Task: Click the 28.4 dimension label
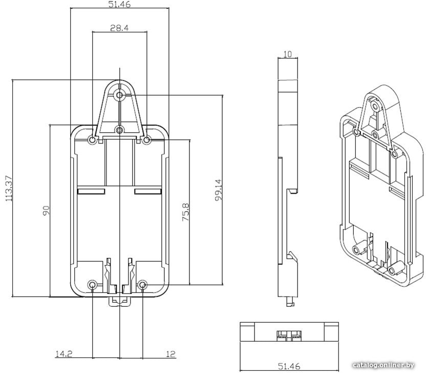tap(119, 28)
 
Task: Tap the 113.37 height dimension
tap(9, 188)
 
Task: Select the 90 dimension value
tap(46, 211)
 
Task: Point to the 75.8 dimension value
tap(185, 212)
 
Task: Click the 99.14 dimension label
tap(218, 190)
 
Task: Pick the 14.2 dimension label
tap(64, 354)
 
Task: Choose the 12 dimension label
tap(171, 354)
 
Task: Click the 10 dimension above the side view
tap(287, 54)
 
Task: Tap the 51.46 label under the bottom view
tap(289, 366)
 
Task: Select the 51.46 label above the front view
tap(119, 4)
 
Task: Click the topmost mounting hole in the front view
tap(119, 95)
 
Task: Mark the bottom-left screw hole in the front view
tap(92, 285)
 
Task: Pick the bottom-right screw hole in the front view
tap(143, 285)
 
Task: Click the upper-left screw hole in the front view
tap(92, 140)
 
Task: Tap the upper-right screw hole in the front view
tap(147, 140)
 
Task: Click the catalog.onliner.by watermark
tap(383, 365)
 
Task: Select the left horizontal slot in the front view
tap(91, 192)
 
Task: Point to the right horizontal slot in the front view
tap(148, 192)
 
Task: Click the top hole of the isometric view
tap(376, 106)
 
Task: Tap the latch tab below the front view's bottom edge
tap(119, 301)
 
